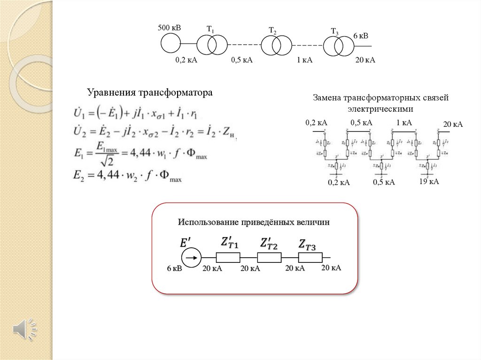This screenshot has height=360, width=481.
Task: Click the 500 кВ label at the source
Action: tap(169, 28)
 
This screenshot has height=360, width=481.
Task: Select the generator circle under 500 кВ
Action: tap(171, 43)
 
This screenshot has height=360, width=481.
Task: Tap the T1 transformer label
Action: tap(210, 29)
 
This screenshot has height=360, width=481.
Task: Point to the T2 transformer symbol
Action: tap(275, 45)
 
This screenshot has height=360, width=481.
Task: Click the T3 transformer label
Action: tap(334, 31)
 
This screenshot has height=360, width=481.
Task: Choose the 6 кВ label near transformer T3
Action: tap(361, 36)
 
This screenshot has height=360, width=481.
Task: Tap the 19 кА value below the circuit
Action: tap(429, 182)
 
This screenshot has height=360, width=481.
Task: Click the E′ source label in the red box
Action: tap(186, 243)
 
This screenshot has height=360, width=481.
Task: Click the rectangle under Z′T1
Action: tap(228, 257)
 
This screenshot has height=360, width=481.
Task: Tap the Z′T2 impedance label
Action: tap(269, 244)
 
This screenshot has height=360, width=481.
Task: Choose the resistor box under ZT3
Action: tap(310, 257)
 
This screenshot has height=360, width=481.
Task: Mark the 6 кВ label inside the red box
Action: tap(174, 268)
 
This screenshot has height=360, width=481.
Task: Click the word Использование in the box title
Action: tap(208, 222)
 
